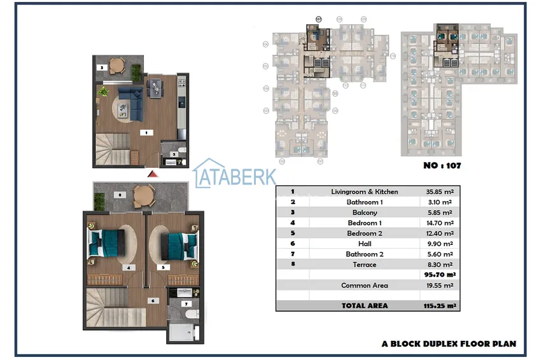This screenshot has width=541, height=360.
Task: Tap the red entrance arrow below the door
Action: coord(151,173)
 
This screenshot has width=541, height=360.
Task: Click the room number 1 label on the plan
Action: coord(146,133)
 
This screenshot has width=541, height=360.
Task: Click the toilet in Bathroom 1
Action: coord(181,151)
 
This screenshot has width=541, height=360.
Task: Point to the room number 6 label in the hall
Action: coord(152,300)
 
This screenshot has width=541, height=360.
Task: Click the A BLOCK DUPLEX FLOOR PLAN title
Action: coord(449,343)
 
